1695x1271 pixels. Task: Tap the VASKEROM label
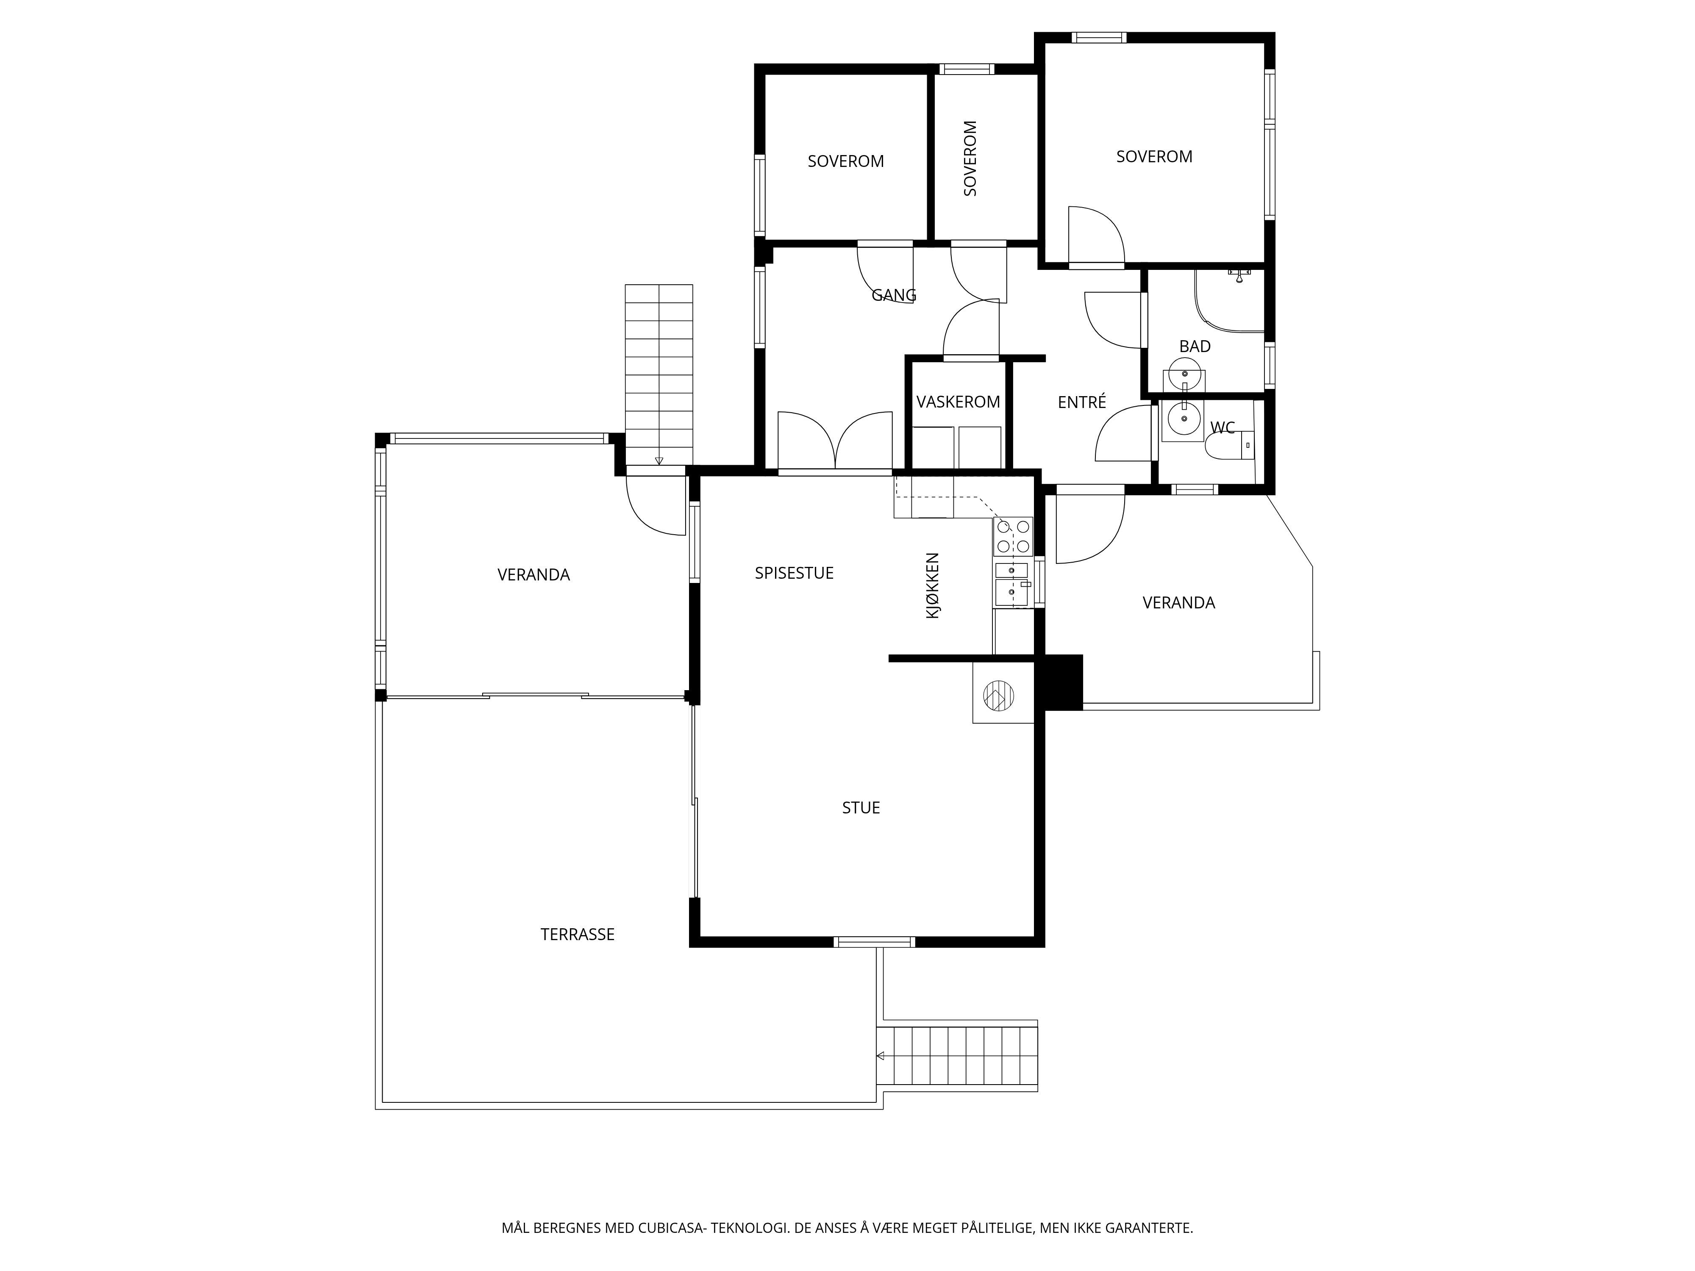click(x=958, y=402)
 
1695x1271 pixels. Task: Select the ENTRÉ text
click(x=1082, y=402)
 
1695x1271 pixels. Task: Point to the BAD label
click(x=1195, y=346)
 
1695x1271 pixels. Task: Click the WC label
click(x=1222, y=427)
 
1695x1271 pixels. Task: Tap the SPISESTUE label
click(x=794, y=573)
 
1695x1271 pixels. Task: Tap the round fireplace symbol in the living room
click(x=998, y=696)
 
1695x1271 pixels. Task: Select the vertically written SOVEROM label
click(x=970, y=158)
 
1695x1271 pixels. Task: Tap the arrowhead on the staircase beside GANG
click(x=659, y=461)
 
